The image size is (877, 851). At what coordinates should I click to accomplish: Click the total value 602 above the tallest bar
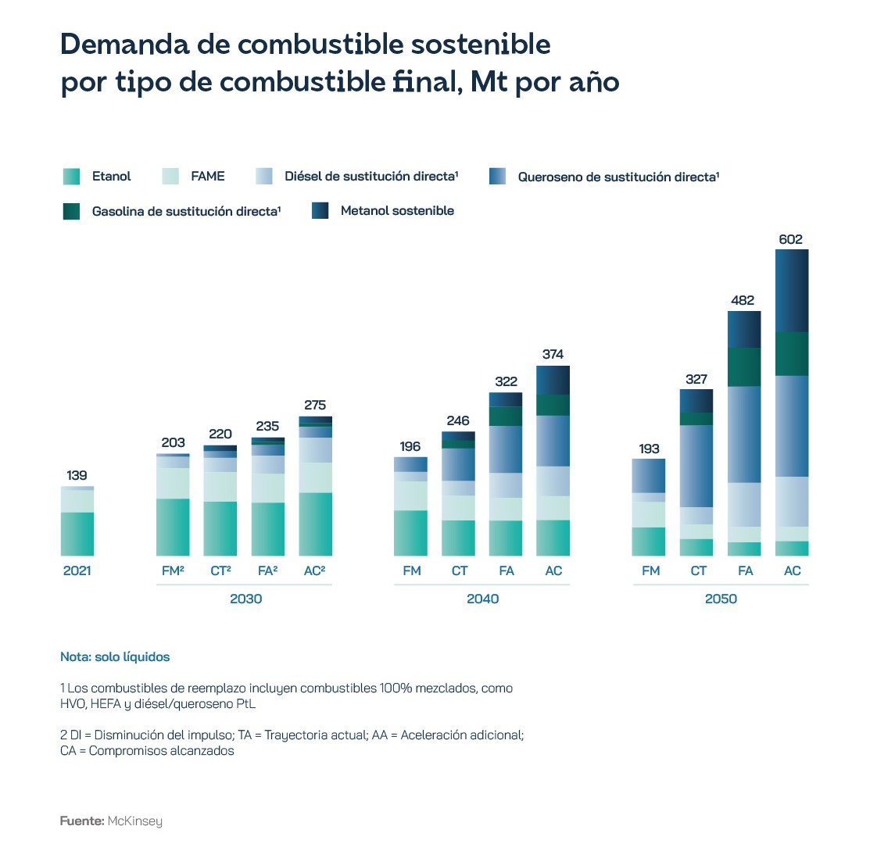click(x=790, y=239)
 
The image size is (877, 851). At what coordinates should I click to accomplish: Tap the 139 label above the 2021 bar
click(x=77, y=475)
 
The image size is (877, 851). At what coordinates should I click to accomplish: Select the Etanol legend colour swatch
click(x=71, y=177)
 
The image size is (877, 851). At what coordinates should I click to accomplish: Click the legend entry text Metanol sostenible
click(x=397, y=210)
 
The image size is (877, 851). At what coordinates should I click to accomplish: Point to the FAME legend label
click(x=207, y=177)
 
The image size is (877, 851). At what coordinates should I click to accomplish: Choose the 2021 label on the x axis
click(x=77, y=570)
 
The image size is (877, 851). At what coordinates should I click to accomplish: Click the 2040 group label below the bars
click(x=482, y=599)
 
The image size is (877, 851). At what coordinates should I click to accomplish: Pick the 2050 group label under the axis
click(x=720, y=599)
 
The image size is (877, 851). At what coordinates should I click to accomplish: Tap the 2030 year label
click(x=245, y=599)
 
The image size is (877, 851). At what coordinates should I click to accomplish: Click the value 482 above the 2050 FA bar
click(x=743, y=300)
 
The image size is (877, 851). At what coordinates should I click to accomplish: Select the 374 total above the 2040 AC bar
click(x=553, y=354)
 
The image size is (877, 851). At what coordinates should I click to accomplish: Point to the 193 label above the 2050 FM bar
click(x=649, y=449)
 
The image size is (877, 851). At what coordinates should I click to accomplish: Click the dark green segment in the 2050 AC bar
click(x=792, y=354)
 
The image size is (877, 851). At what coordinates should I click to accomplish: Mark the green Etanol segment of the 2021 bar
click(x=77, y=534)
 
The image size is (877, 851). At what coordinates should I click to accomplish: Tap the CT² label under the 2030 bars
click(x=220, y=570)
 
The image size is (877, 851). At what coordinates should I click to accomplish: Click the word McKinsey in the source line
click(x=134, y=821)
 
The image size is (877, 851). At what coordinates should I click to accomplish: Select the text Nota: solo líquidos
click(x=115, y=657)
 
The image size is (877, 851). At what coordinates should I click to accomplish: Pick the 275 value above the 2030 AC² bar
click(x=315, y=405)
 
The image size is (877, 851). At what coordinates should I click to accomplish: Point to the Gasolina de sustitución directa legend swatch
click(x=71, y=211)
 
